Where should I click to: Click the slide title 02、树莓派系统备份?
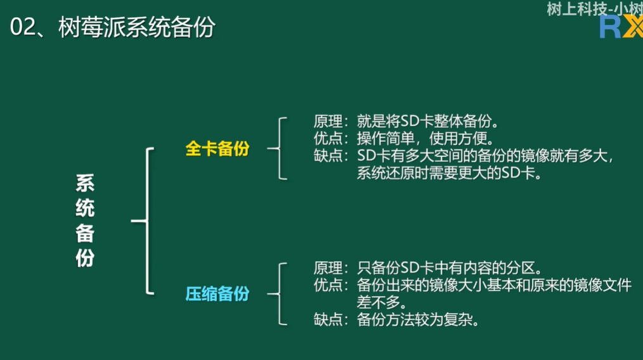[112, 27]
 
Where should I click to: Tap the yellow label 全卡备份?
[218, 148]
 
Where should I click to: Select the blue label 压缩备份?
[218, 293]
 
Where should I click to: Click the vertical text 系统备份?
[85, 221]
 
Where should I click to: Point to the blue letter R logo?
[610, 27]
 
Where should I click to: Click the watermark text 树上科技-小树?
[595, 9]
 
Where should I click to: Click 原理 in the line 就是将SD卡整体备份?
[328, 121]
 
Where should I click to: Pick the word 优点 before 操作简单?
[328, 139]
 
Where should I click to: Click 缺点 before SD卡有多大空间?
[328, 156]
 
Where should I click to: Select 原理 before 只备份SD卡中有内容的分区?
[328, 268]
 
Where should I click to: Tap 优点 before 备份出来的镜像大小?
[328, 285]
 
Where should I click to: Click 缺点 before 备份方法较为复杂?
[328, 319]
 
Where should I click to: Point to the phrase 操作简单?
[386, 139]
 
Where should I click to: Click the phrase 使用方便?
[458, 139]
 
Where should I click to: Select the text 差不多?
[379, 302]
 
